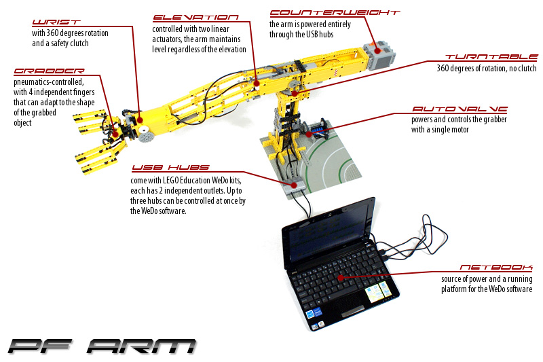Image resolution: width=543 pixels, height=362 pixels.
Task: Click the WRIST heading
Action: [56, 22]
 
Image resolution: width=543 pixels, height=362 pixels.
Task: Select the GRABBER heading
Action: [49, 71]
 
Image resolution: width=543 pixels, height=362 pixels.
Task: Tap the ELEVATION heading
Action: [195, 18]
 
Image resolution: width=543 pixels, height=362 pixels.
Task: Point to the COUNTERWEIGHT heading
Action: [335, 13]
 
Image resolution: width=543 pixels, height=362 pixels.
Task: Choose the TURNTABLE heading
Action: [491, 57]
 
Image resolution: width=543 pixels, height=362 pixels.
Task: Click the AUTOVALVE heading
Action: [460, 109]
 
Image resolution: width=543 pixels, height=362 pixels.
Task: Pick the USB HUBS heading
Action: [170, 168]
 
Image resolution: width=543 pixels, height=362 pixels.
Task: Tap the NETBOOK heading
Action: [496, 268]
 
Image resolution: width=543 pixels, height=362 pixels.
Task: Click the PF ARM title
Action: [102, 346]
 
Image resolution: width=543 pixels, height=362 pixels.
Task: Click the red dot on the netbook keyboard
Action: [341, 278]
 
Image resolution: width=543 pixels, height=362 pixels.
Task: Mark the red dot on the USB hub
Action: [294, 185]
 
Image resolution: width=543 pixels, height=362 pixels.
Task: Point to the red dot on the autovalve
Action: [308, 133]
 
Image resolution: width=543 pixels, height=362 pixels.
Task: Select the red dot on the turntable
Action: [294, 93]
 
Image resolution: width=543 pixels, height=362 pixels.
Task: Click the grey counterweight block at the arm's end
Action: [380, 56]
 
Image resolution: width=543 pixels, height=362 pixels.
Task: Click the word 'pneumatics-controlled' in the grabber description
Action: [48, 82]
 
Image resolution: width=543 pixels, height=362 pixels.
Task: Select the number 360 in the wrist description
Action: [53, 33]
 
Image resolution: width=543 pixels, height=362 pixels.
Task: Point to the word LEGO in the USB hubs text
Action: [170, 181]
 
